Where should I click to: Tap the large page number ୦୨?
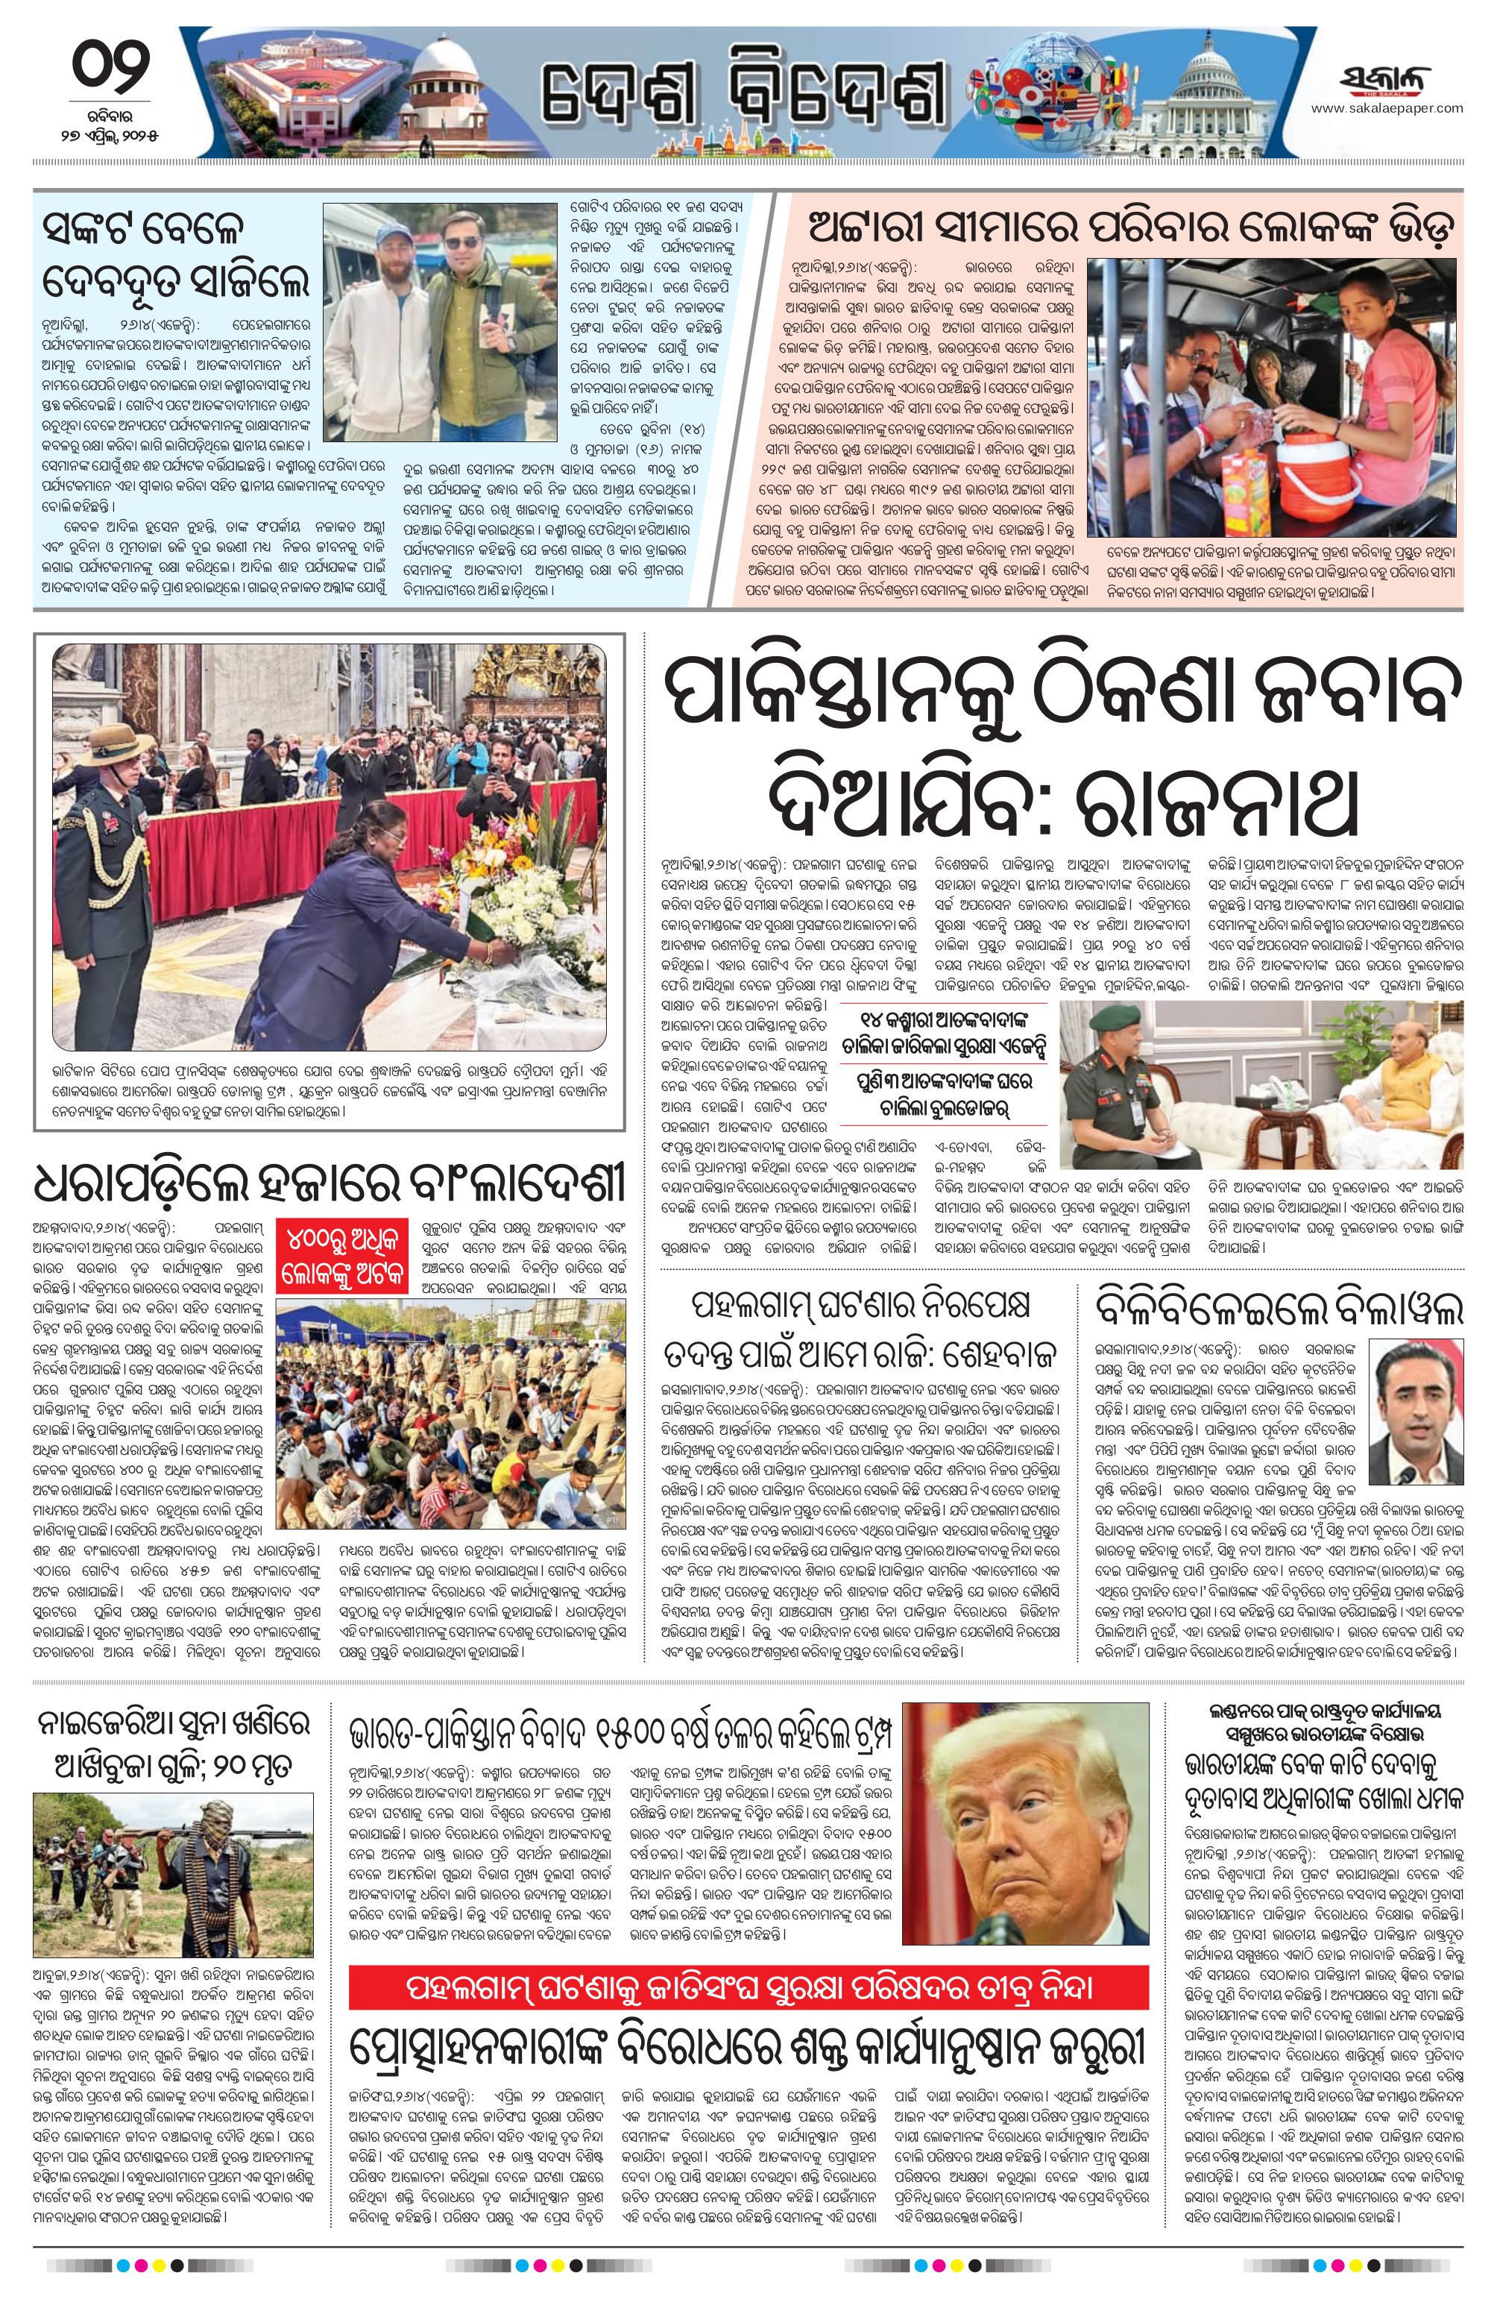112,69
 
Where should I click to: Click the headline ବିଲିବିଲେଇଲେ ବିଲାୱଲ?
1279,1310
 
